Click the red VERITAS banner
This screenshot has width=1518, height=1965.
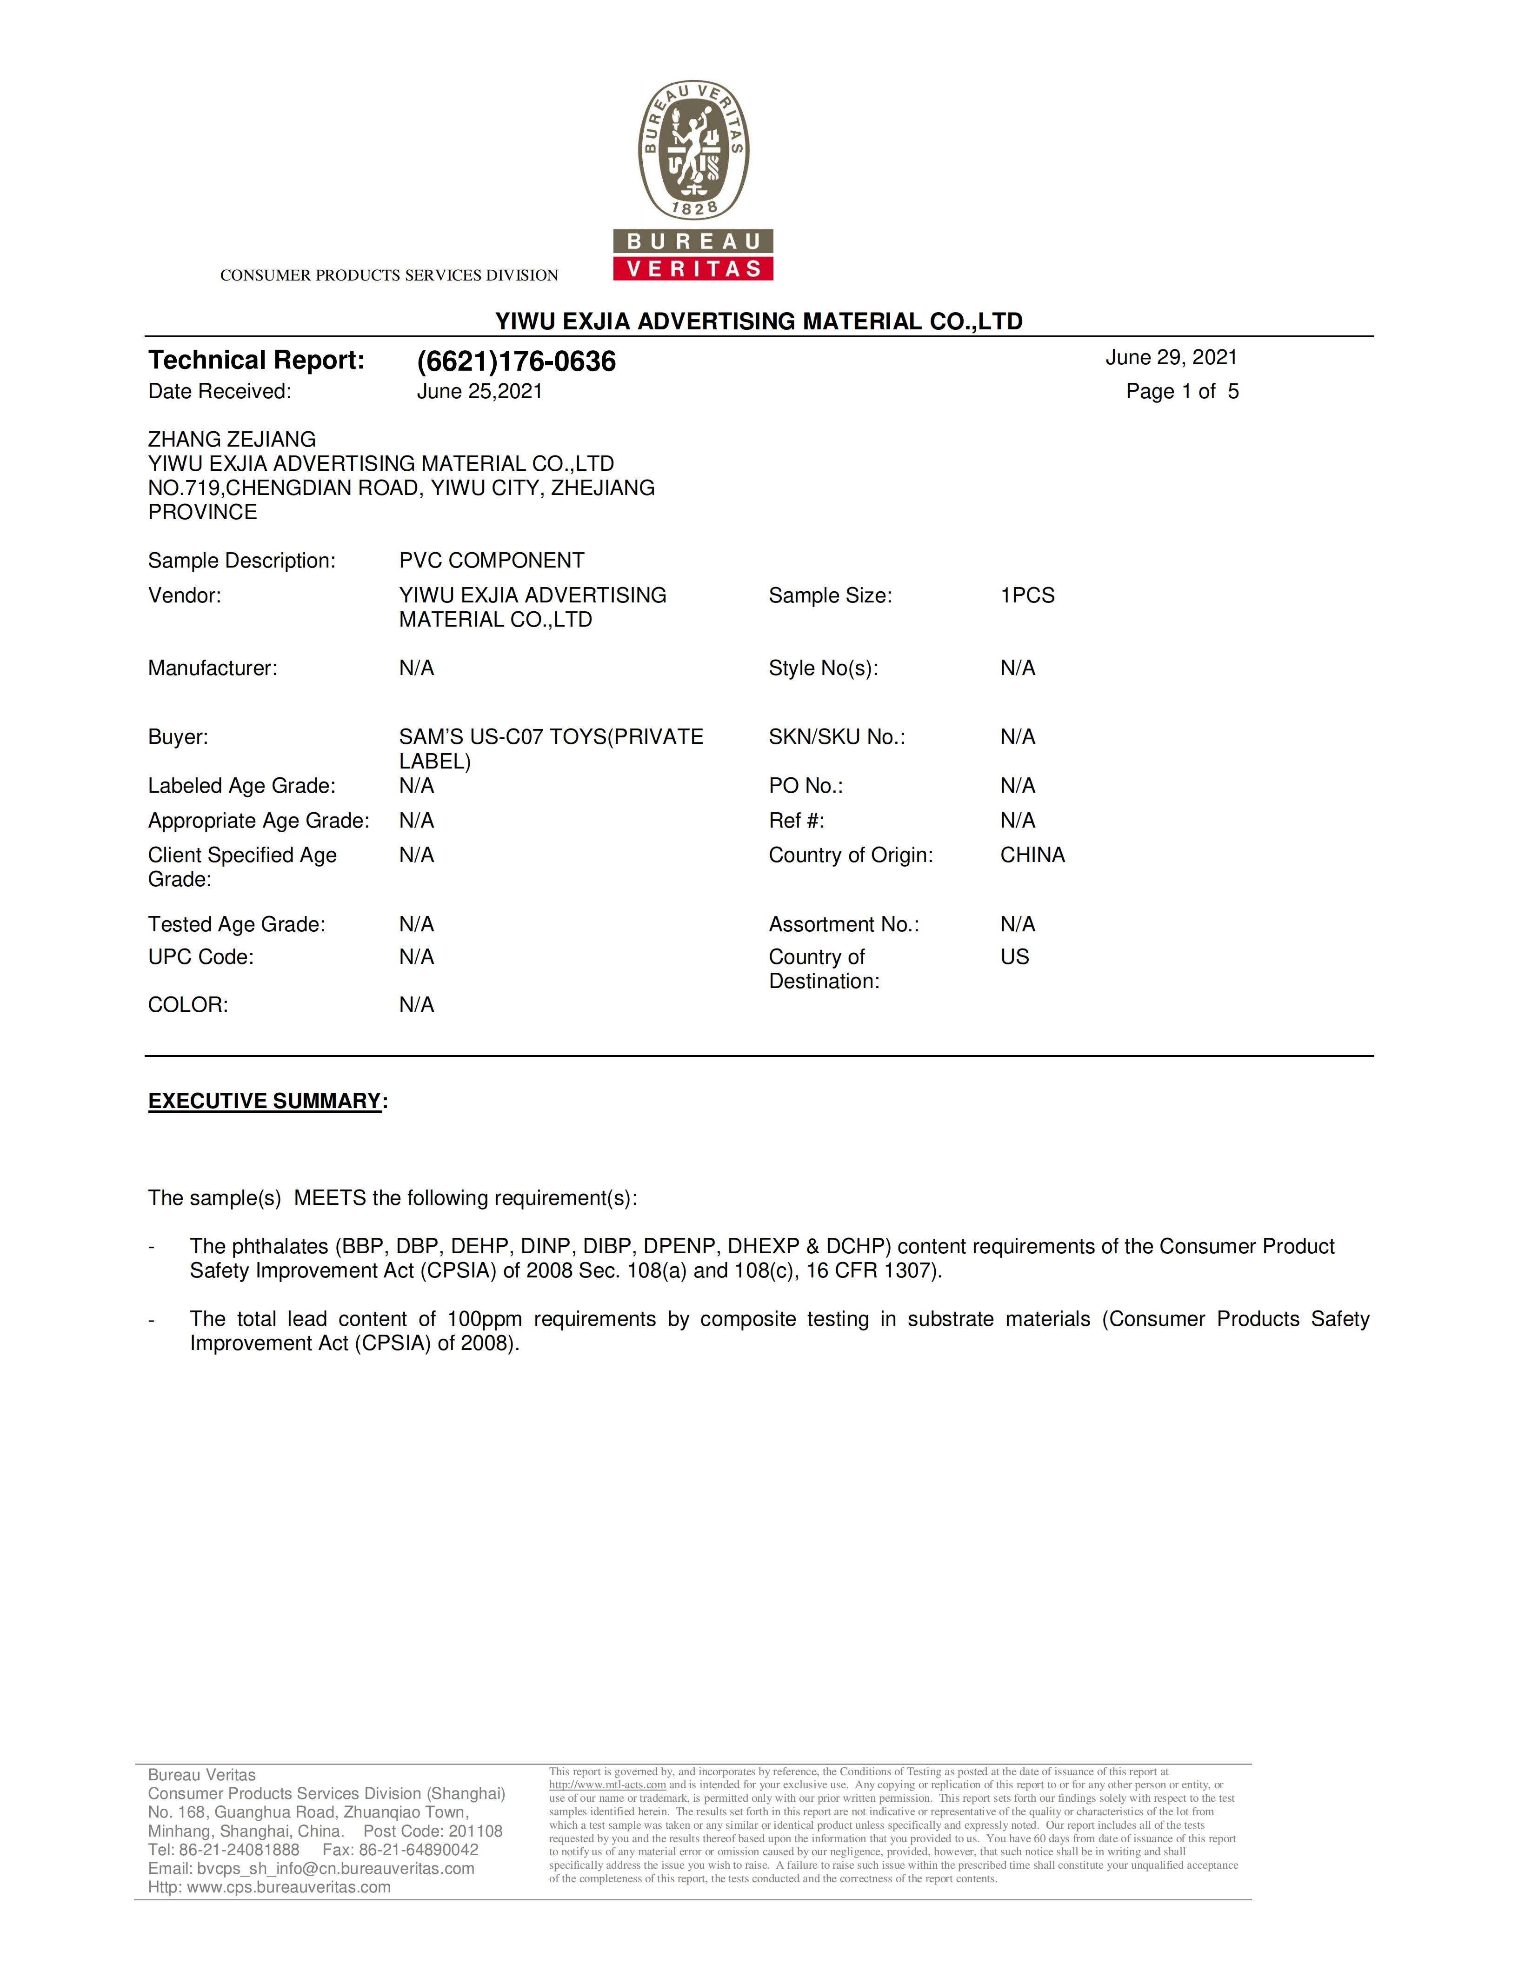click(693, 268)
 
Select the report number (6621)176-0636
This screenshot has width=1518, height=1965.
click(516, 361)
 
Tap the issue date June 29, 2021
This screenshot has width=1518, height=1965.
click(1171, 357)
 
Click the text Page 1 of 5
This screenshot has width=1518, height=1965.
click(1182, 391)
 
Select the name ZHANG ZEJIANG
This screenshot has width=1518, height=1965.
click(232, 439)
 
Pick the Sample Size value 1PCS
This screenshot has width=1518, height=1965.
click(1027, 595)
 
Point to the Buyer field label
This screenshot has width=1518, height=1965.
click(178, 737)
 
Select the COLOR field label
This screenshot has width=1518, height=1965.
click(188, 1005)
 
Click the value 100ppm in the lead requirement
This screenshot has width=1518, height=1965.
click(484, 1319)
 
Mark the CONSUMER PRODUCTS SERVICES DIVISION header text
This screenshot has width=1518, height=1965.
click(388, 275)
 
